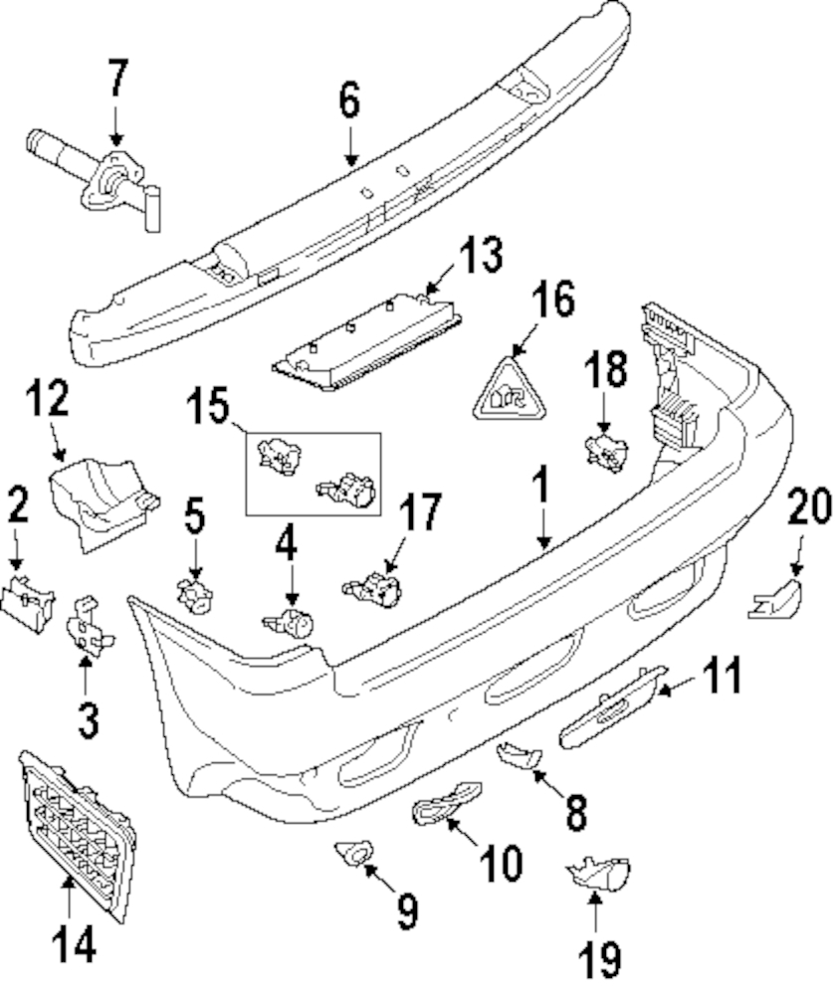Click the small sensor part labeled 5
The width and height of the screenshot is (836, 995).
pos(193,595)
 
